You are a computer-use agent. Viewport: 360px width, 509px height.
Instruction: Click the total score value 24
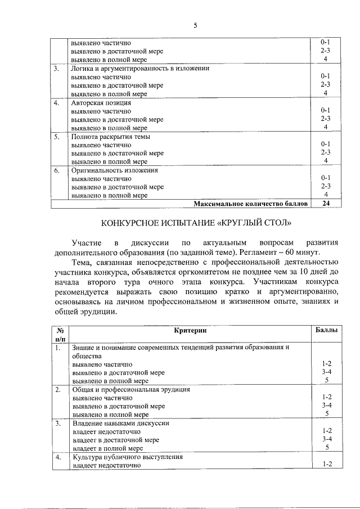(325, 204)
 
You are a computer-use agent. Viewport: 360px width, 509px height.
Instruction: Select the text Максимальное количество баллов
(251, 204)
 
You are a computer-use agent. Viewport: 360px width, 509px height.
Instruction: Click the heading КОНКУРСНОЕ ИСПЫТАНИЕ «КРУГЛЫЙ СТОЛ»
(196, 223)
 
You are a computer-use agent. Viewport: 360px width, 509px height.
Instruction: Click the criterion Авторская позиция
(101, 103)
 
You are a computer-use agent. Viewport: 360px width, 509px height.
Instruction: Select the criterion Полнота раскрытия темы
(111, 137)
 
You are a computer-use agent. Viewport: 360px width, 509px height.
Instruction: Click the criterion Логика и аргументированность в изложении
(140, 69)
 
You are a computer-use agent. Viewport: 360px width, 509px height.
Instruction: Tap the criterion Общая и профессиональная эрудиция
(131, 389)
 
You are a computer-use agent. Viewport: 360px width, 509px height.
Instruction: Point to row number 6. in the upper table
(57, 170)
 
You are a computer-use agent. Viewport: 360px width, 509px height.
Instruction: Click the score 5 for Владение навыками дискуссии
(326, 448)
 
